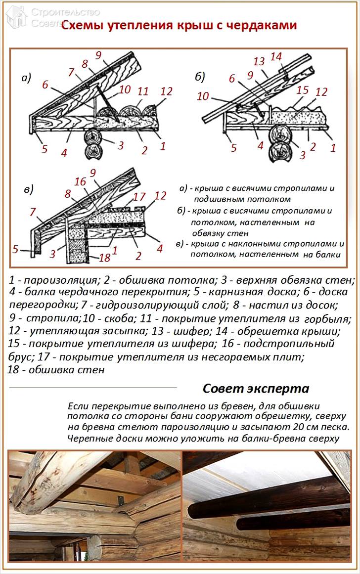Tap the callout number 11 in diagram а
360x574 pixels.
click(143, 91)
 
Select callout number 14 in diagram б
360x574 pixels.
click(276, 57)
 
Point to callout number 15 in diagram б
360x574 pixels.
click(303, 91)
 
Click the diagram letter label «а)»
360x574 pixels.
click(26, 77)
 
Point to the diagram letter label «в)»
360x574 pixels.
click(28, 189)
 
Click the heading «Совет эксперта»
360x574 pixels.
click(256, 388)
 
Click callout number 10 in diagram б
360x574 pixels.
click(203, 96)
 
